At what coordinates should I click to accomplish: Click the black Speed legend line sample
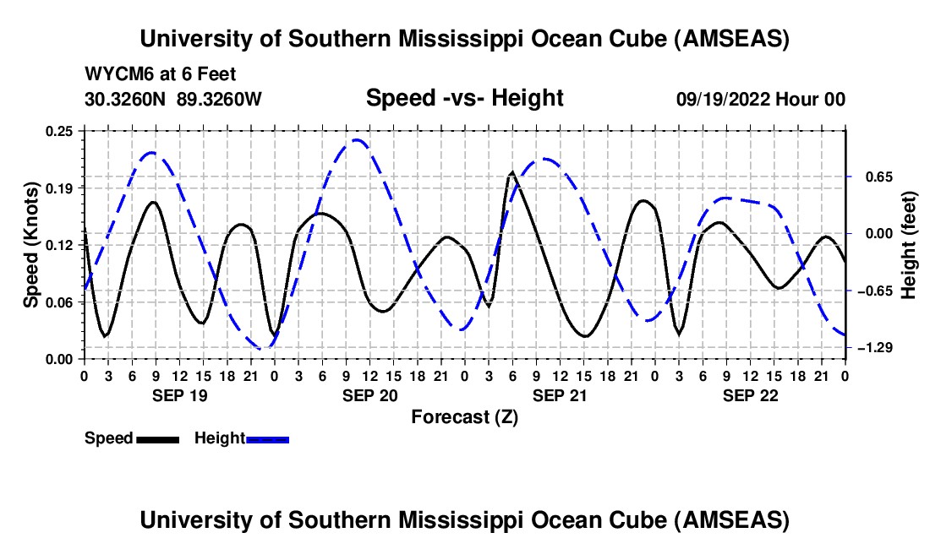tap(156, 438)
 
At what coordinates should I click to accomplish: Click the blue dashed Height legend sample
tap(267, 438)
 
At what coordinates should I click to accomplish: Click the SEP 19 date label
tap(178, 395)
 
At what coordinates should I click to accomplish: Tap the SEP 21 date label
tap(559, 395)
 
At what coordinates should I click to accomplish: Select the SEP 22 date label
tap(749, 395)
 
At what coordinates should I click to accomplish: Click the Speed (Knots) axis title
tap(31, 245)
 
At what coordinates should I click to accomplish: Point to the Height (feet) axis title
tap(909, 245)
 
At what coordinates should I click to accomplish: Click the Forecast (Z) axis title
tap(464, 416)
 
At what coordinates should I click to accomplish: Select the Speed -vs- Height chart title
tap(464, 98)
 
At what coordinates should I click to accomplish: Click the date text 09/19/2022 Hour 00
tap(760, 99)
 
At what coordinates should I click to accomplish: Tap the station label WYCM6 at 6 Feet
tap(160, 74)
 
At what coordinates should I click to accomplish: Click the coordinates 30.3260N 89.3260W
tap(173, 99)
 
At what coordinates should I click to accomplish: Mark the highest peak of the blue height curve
tap(357, 140)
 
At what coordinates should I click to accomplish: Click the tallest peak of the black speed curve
tap(511, 173)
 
